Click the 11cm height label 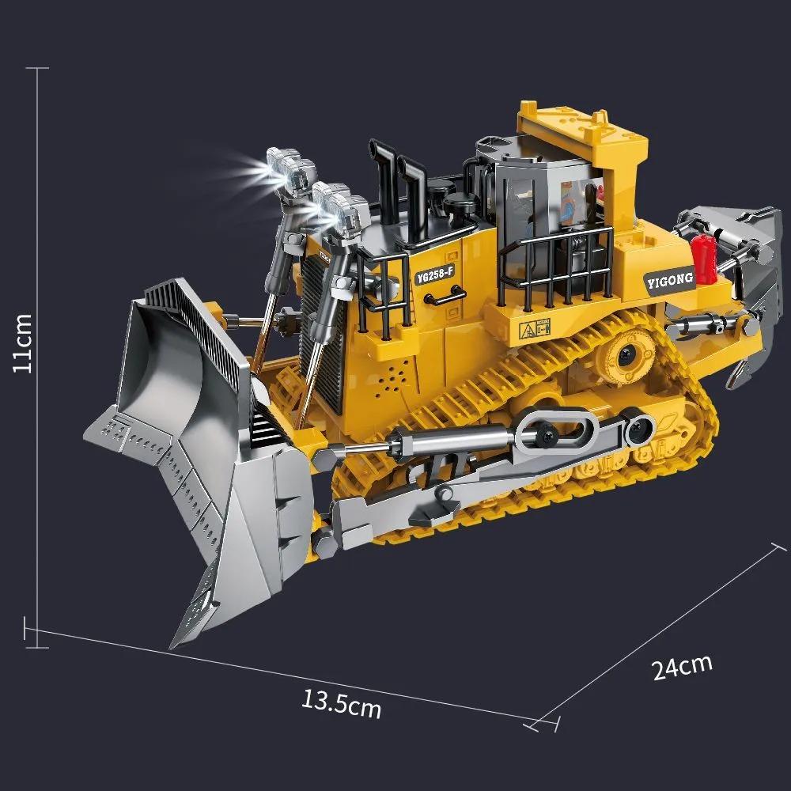click(23, 343)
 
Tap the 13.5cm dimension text click(341, 702)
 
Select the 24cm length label click(682, 666)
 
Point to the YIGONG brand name click(669, 278)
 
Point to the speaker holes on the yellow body click(392, 380)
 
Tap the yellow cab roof click(581, 127)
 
